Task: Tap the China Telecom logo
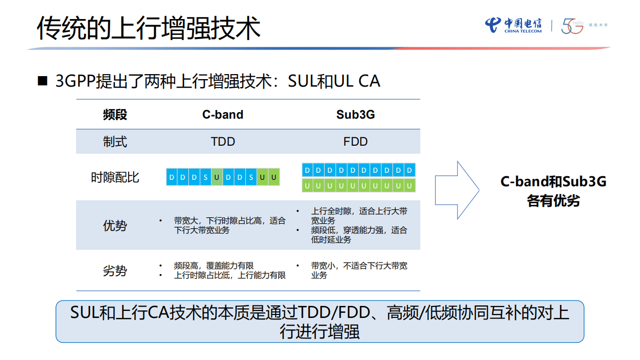513,25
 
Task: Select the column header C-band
223,115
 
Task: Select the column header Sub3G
355,115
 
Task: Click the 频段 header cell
115,115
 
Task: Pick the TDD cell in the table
223,142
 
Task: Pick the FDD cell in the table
355,142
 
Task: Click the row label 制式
115,142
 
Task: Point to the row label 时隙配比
115,177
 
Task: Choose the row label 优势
115,225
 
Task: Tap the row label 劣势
115,271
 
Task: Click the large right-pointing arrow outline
456,190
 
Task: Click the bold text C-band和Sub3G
553,181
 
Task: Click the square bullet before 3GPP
43,81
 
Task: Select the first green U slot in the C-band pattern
217,177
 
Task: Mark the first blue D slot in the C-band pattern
172,177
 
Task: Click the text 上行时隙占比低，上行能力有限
230,275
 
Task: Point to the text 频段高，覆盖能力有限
214,266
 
